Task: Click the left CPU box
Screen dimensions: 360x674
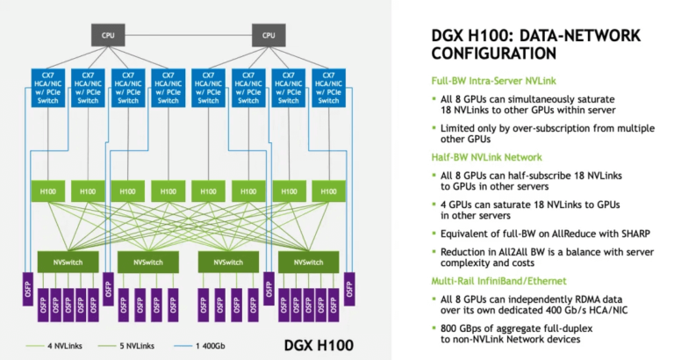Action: [x=108, y=36]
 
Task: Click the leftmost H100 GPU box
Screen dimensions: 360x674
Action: [x=48, y=190]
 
